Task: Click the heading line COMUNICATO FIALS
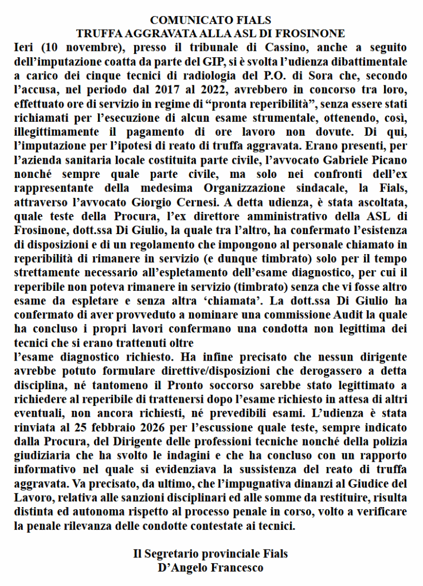(x=210, y=21)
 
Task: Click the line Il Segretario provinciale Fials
(x=210, y=554)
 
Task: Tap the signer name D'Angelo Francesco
(x=210, y=568)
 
